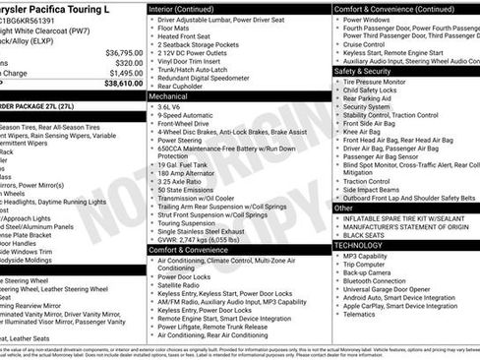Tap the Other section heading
point(344,209)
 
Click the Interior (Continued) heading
point(190,8)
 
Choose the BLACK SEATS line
point(370,235)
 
